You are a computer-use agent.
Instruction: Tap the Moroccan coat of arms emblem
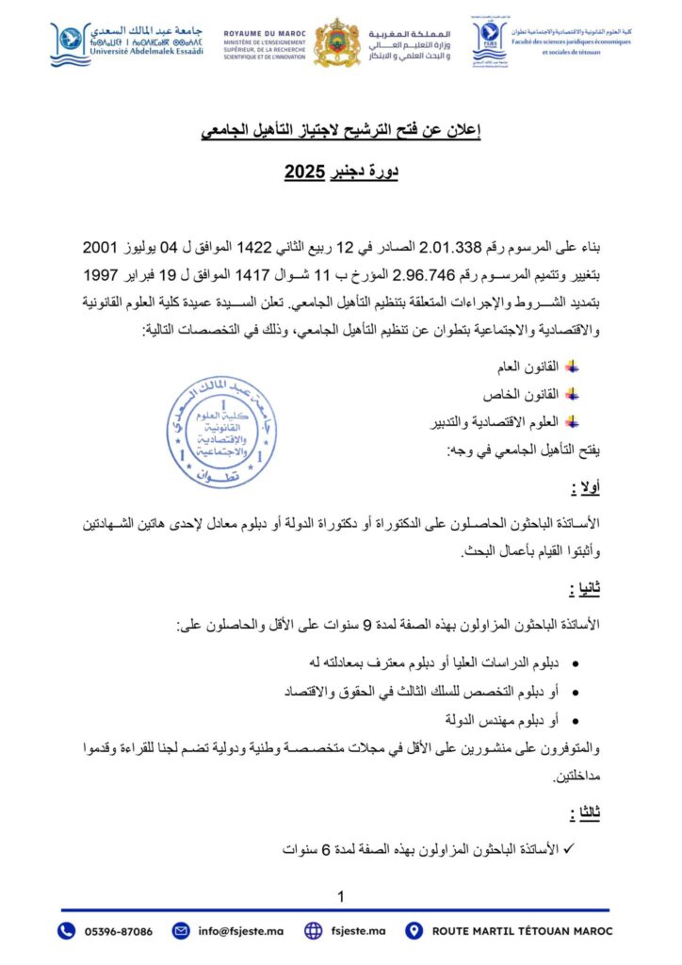click(336, 42)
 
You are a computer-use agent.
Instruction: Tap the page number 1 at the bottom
click(341, 895)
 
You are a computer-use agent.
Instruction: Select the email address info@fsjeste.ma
click(241, 931)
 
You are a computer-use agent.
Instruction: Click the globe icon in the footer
click(315, 931)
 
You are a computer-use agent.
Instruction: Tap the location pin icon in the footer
click(414, 931)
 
